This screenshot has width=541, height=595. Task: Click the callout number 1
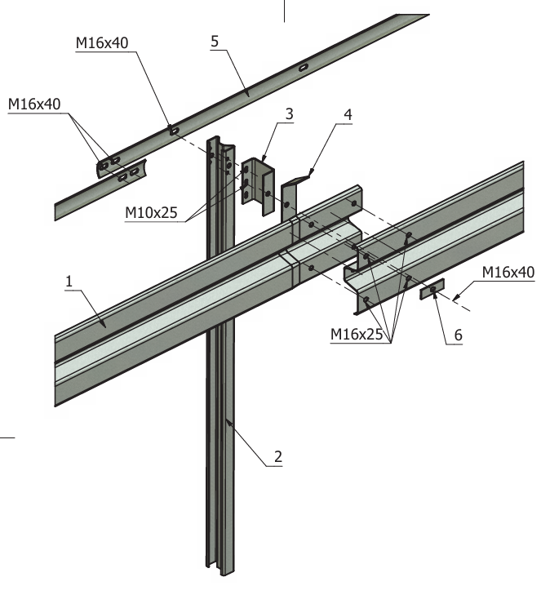70,281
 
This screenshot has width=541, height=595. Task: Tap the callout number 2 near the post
277,456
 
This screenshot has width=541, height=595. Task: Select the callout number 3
289,115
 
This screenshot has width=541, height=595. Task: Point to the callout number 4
348,114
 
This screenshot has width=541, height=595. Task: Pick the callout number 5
215,42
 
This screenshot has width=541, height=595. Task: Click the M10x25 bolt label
151,213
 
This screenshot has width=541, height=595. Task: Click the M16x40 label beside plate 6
508,272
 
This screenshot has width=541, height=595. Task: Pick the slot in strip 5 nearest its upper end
304,67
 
